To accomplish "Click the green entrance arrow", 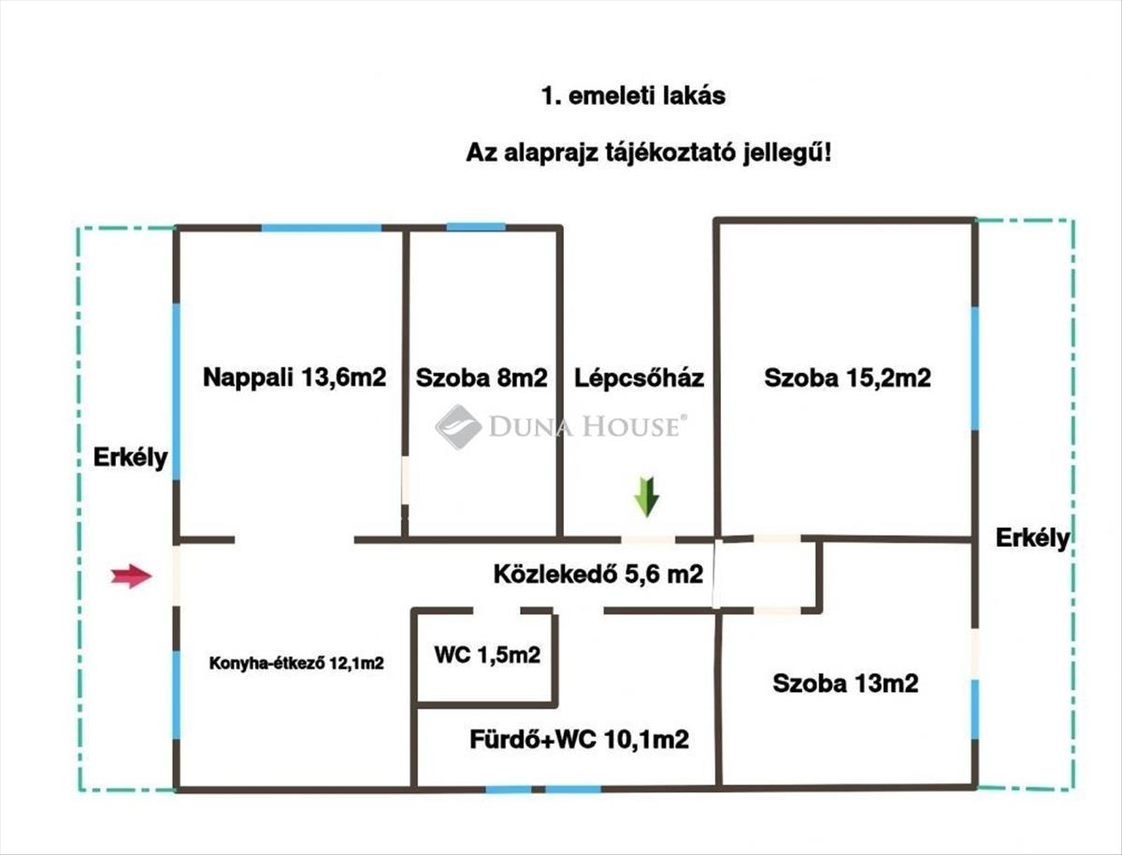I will (x=646, y=496).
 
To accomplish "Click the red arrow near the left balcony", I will (x=131, y=577).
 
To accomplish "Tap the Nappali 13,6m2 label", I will (x=295, y=378).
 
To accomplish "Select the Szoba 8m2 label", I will (x=482, y=378).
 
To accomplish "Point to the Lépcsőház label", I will (x=640, y=378).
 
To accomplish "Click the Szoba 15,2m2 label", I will (x=847, y=378).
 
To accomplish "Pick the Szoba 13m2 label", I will (x=845, y=683).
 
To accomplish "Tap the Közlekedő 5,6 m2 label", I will (x=598, y=575).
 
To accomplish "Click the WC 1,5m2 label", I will (x=486, y=655).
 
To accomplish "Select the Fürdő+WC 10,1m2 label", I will (x=580, y=740).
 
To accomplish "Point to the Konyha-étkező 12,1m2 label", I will (x=296, y=663).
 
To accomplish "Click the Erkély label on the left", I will (x=130, y=458).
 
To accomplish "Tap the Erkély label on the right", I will (x=1032, y=538).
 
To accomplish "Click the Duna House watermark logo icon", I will (x=458, y=427).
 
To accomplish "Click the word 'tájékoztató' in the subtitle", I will (x=676, y=153).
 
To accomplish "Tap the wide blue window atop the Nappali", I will (x=321, y=227).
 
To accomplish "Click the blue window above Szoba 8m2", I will (x=475, y=227).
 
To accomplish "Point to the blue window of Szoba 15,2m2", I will (x=974, y=367).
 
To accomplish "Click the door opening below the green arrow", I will (x=648, y=539).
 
